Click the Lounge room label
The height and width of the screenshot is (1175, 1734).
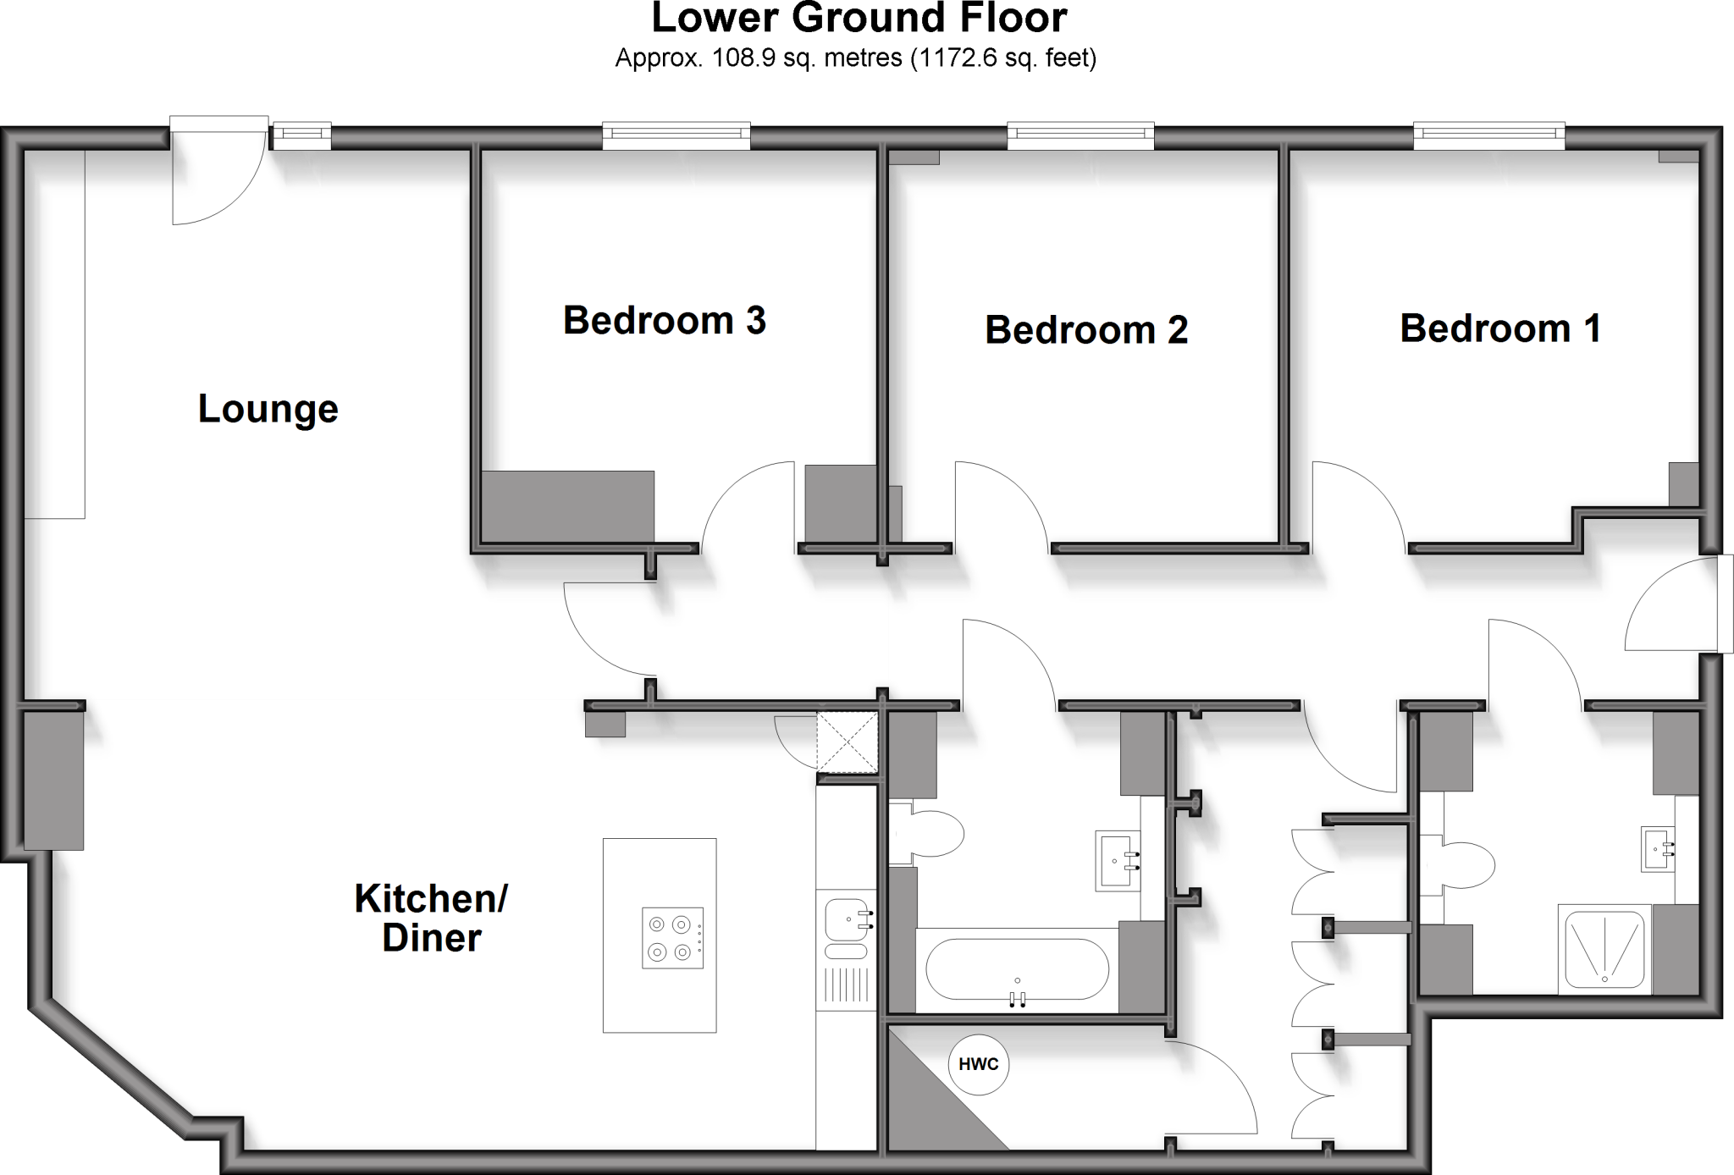point(268,409)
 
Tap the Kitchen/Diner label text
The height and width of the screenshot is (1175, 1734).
point(431,918)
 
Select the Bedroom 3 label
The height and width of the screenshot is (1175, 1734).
point(664,320)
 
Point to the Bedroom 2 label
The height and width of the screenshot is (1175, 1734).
point(1086,329)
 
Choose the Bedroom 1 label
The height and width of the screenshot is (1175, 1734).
point(1500,328)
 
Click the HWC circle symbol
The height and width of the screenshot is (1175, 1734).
point(978,1064)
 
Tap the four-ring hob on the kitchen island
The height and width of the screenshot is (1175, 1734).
point(672,938)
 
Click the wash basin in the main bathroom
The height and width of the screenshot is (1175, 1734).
point(1118,860)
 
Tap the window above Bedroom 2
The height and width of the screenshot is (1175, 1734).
point(1080,135)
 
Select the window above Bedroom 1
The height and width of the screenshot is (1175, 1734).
point(1488,135)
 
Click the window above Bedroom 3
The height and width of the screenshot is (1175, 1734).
point(676,135)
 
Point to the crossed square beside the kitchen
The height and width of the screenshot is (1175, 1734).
point(847,742)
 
